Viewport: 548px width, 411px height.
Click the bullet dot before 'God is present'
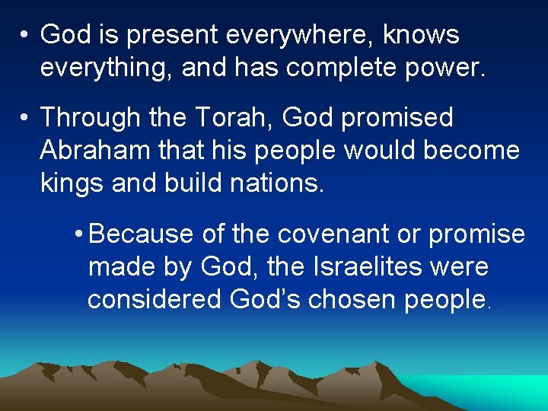(x=25, y=35)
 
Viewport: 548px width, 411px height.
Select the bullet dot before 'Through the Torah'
(x=25, y=118)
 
